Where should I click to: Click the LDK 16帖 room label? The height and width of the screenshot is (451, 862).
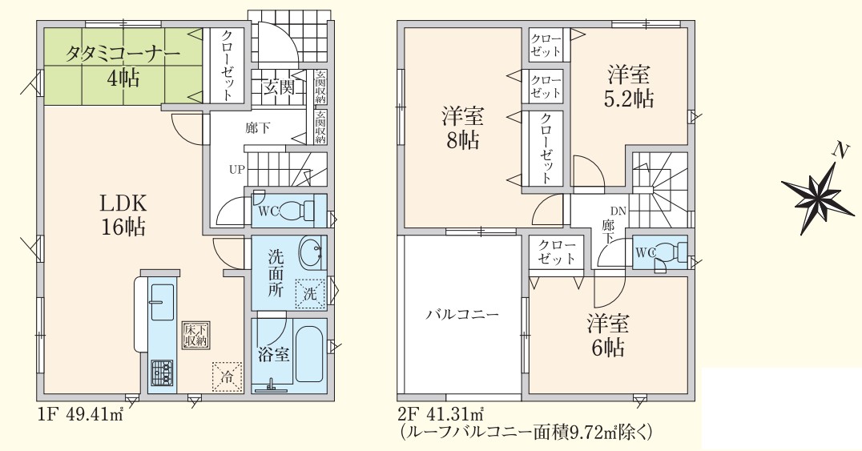point(123,215)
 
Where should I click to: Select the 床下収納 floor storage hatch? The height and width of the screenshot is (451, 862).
point(195,335)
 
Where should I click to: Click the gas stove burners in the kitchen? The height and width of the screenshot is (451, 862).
point(162,372)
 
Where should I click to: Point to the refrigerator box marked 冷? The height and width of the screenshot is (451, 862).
point(227,377)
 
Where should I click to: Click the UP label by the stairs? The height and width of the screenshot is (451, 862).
point(237,170)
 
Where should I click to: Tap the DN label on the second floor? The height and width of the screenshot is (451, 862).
point(618,211)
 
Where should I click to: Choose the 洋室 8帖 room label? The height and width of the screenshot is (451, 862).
point(462,129)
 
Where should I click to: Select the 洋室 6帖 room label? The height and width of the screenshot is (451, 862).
point(607,335)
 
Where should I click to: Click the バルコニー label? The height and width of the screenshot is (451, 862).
point(462,315)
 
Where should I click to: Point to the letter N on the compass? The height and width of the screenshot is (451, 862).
point(838,150)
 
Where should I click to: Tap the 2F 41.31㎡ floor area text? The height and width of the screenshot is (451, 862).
point(440,413)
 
